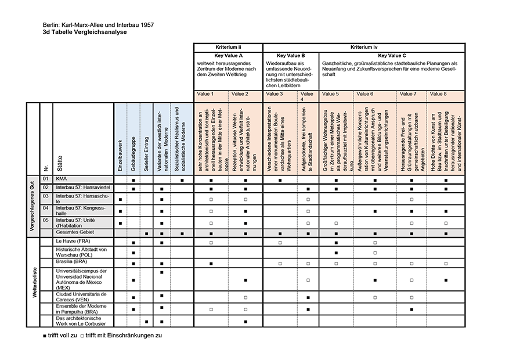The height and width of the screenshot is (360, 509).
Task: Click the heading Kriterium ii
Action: [228, 46]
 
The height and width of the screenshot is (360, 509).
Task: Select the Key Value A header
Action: [228, 55]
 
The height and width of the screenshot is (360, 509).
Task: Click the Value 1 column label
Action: [205, 93]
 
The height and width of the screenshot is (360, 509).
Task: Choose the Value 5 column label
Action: [330, 93]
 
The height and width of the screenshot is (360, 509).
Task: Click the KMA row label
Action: [62, 179]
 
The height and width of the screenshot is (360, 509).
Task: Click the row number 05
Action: [46, 221]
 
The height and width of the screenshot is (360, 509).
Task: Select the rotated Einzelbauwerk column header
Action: [120, 154]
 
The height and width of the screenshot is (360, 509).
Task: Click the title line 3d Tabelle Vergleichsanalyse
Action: [84, 33]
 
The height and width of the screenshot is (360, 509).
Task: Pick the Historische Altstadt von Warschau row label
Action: [81, 252]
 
